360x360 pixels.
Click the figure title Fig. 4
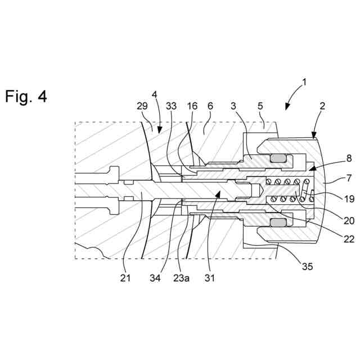[x=26, y=96]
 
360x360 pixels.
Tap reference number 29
[x=142, y=106]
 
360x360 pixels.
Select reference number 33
[x=172, y=106]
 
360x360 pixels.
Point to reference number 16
[x=192, y=106]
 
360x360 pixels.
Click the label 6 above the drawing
[x=210, y=106]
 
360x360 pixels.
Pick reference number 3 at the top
[x=233, y=106]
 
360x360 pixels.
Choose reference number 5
[x=260, y=106]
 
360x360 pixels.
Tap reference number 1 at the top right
[x=303, y=82]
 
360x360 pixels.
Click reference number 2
[x=322, y=106]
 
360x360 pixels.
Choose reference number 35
[x=306, y=267]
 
